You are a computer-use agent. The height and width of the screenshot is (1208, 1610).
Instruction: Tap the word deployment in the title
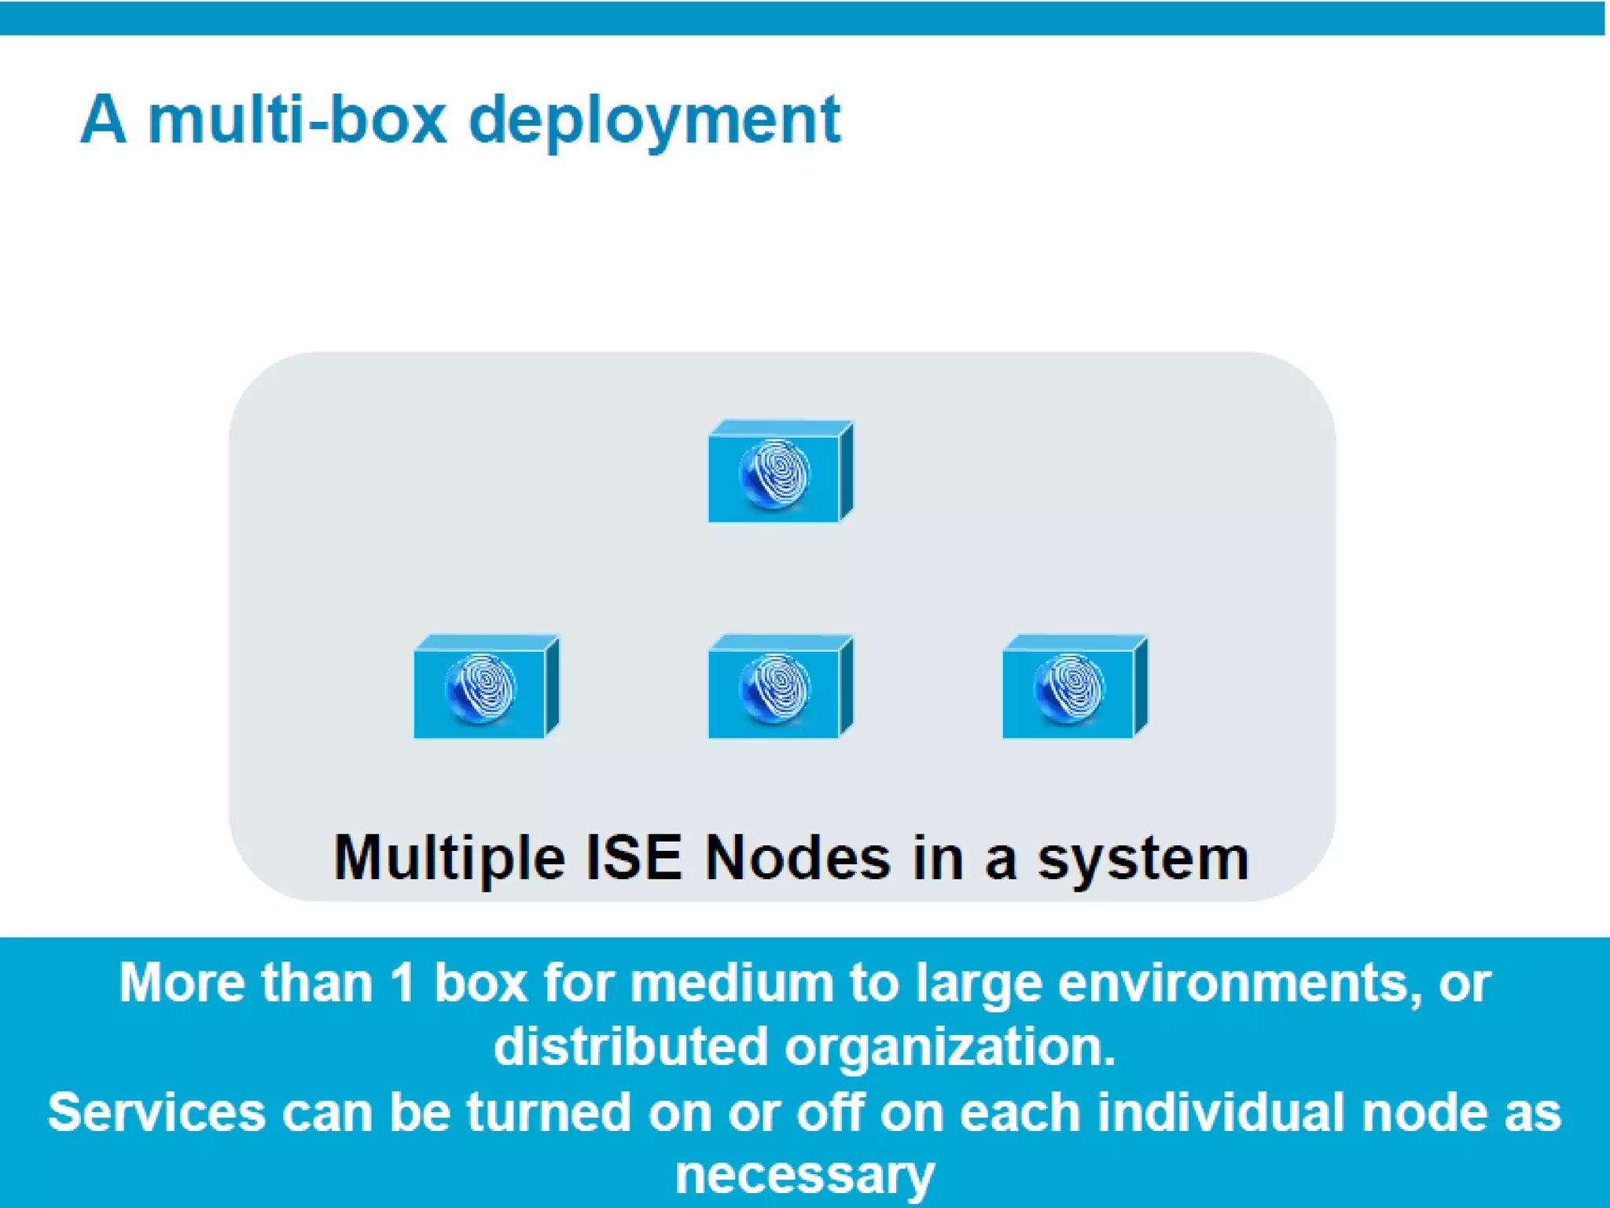[655, 122]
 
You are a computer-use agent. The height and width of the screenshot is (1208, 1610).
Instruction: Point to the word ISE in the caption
[634, 857]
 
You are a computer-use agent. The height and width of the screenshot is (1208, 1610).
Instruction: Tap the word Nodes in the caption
[797, 857]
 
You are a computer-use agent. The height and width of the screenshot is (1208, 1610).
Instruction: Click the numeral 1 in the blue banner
[402, 983]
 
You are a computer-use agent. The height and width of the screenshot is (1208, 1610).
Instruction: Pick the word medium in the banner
[731, 983]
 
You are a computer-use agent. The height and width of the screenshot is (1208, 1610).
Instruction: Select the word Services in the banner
[156, 1112]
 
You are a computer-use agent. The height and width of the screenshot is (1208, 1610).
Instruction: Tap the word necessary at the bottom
[805, 1177]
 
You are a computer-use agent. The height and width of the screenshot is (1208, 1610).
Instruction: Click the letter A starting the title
[103, 120]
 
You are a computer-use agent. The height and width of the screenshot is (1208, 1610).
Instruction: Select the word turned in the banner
[548, 1112]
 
